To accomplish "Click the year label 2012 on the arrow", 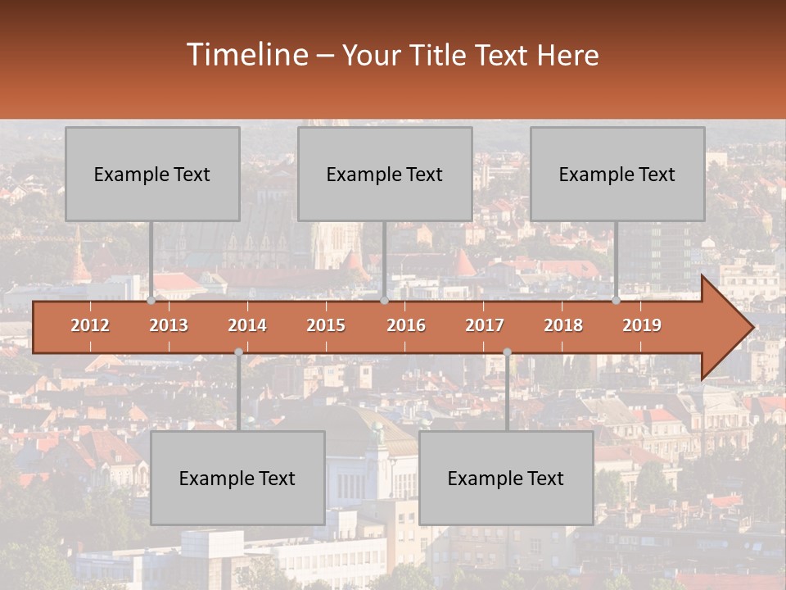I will point(90,325).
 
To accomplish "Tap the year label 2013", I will point(169,325).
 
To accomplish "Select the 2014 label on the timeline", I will point(247,325).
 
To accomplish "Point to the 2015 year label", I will point(326,325).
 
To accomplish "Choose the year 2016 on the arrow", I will point(406,325).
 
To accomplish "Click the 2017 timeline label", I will point(485,325).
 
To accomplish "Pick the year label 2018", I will point(563,325).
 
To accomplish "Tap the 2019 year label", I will point(642,325).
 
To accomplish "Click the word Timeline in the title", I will point(246,55).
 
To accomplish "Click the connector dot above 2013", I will point(151,301).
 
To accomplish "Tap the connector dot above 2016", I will point(384,301).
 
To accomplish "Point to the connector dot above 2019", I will point(617,301).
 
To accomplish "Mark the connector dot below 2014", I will point(238,352).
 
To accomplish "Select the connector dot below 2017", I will point(507,352).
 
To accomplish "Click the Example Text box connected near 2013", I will point(152,174).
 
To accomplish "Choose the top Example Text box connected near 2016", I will point(385,174).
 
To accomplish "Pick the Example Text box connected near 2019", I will point(617,174).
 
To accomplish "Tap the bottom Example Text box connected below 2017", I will point(506,478).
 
